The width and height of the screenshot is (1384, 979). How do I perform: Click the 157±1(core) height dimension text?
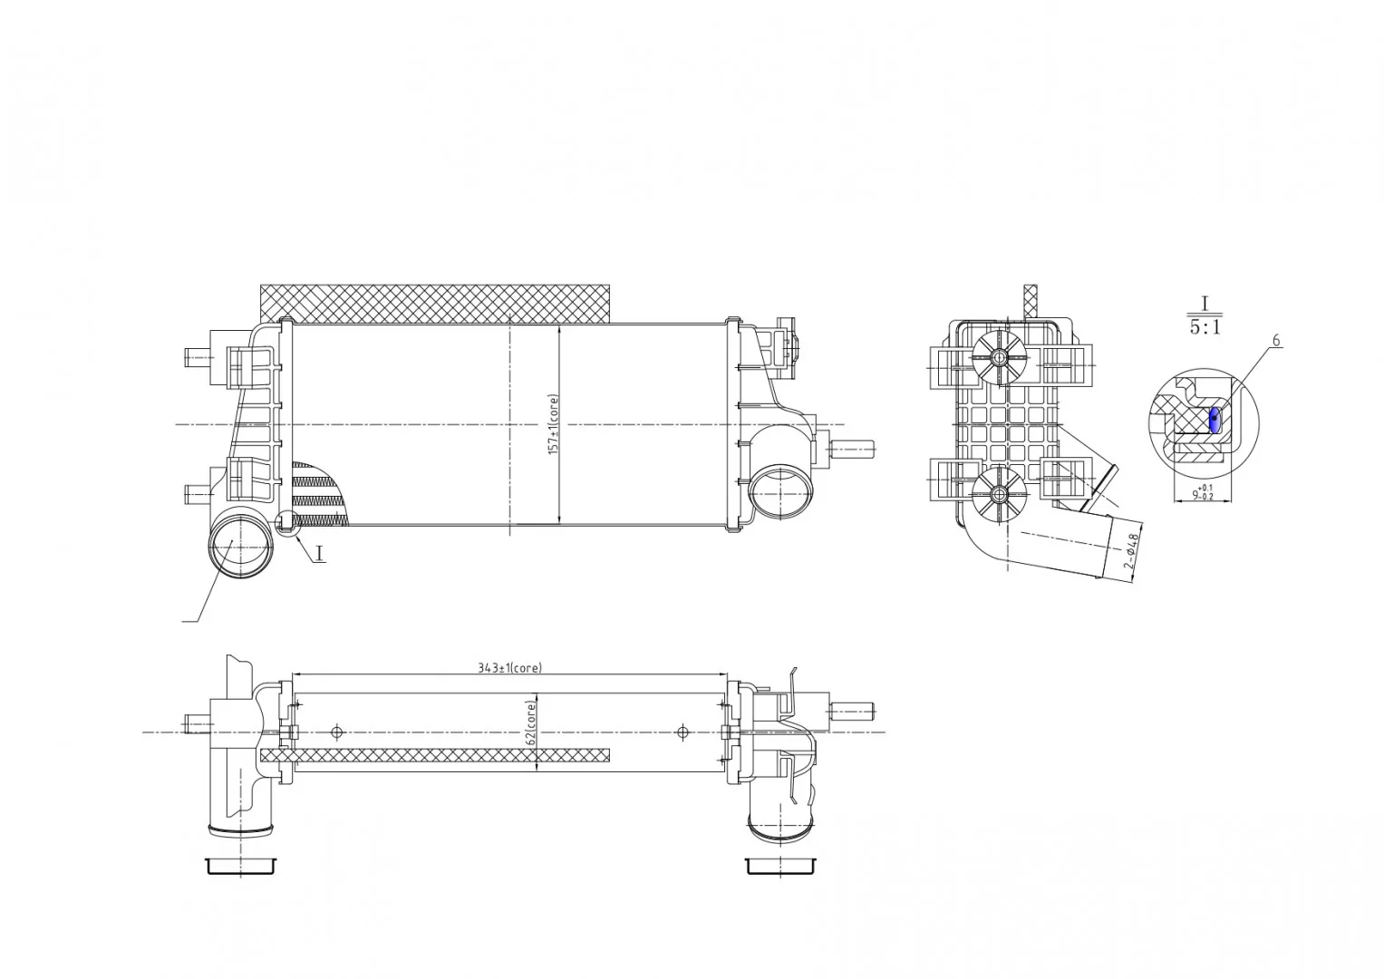coord(554,424)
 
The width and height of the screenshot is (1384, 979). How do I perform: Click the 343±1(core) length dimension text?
coord(509,667)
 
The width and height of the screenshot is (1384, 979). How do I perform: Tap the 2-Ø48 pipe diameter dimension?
coord(1131,551)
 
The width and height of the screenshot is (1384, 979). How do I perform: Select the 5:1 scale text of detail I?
coord(1205,327)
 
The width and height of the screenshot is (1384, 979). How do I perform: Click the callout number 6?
coord(1276,341)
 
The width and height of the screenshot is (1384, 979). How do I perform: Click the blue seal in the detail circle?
coord(1215,420)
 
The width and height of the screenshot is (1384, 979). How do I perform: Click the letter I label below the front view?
coord(319,553)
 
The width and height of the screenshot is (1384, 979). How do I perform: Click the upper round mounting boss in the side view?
coord(999,356)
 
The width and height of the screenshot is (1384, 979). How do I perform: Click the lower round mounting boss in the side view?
coord(999,494)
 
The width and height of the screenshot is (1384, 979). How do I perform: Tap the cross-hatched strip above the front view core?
coord(435,304)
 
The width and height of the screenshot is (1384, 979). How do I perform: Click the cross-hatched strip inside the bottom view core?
coord(435,756)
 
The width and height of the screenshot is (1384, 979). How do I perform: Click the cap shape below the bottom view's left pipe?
coord(240,866)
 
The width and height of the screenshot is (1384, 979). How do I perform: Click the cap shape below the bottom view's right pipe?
coord(781,866)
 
